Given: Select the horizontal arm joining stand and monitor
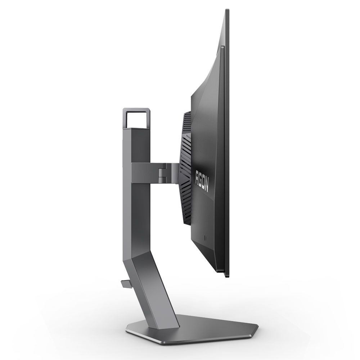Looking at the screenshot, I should click(x=155, y=171).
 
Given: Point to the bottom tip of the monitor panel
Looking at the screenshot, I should click(x=226, y=276).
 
